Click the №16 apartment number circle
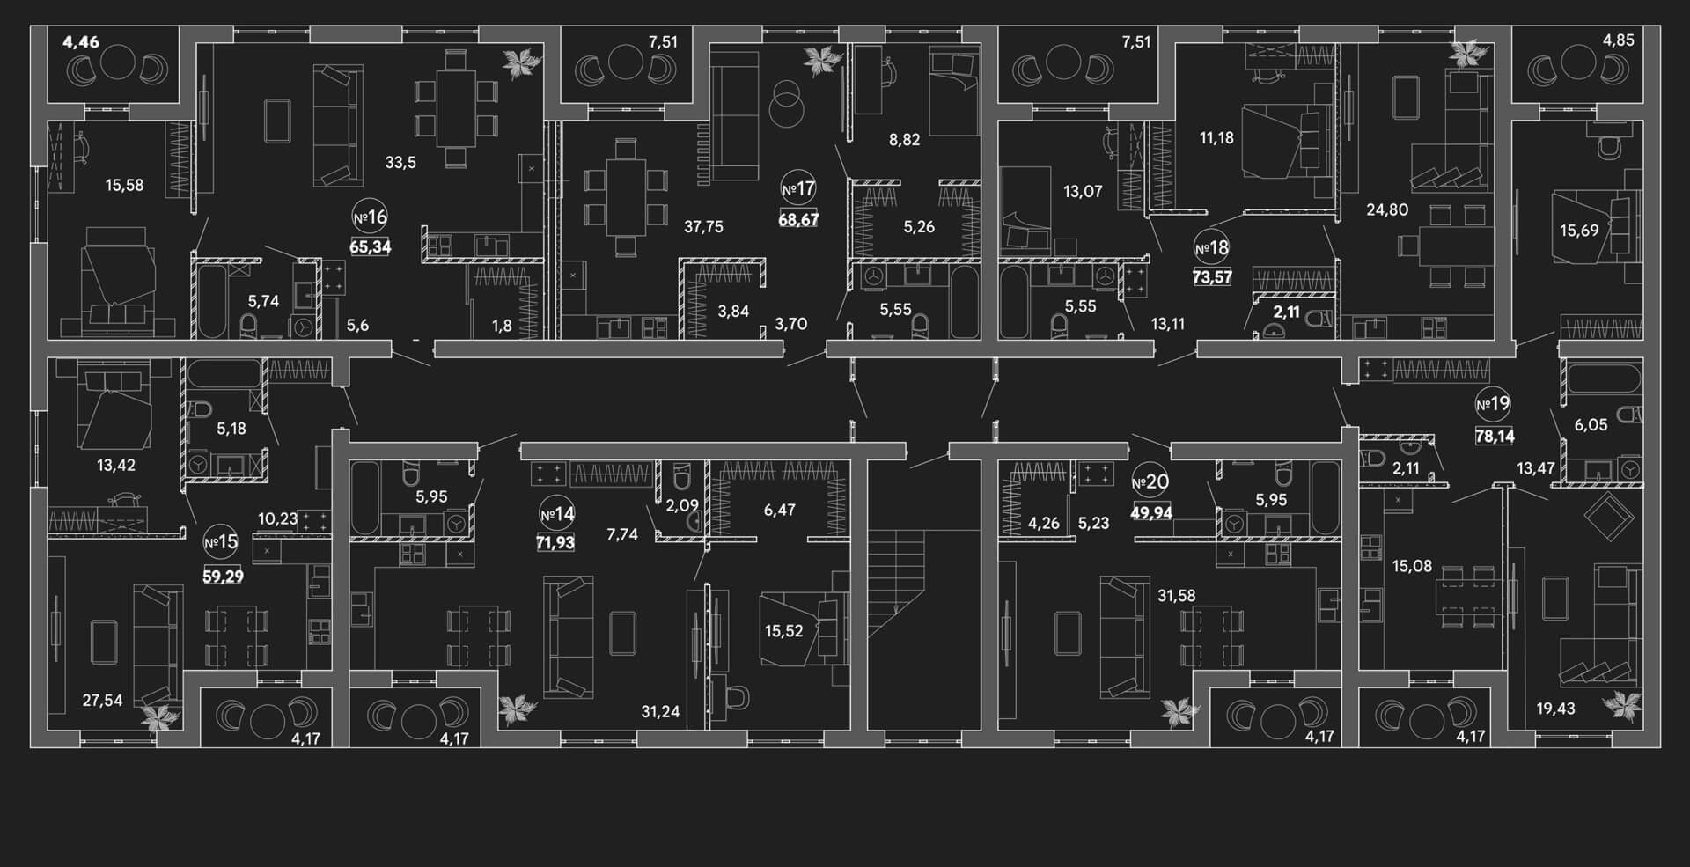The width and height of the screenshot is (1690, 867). pos(371,217)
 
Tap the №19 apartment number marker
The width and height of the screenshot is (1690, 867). pos(1493,405)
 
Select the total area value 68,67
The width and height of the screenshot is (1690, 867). pos(798,219)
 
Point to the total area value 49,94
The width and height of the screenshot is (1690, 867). pos(1150,512)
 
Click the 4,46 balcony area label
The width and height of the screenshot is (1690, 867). pos(81,41)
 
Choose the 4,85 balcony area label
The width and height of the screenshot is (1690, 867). pos(1618,40)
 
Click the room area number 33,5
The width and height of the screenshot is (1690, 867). pos(400,162)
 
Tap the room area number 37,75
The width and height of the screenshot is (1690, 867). pos(703,227)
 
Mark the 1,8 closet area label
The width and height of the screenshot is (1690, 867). pos(502,327)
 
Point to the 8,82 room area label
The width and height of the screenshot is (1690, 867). pos(904,139)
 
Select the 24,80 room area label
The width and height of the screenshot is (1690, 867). pos(1387,209)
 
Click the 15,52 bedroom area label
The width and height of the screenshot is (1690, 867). pos(783,630)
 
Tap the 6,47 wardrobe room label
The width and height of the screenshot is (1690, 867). pos(780,510)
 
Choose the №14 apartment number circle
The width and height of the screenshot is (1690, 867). pos(557,514)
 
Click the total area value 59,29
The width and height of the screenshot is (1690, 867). pos(224,577)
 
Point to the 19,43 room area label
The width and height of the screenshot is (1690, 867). pos(1555,708)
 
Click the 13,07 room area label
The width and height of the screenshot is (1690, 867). pos(1083,191)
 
